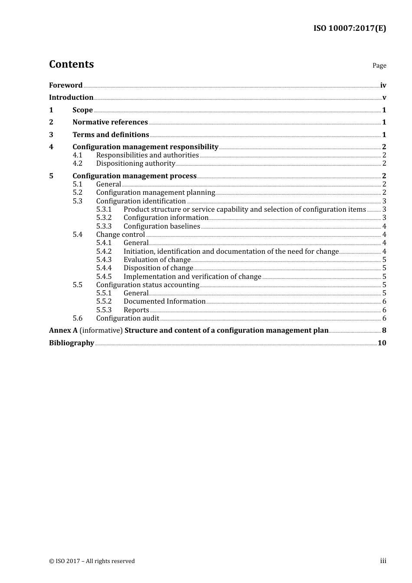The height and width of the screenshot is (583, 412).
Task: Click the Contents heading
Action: coord(71,64)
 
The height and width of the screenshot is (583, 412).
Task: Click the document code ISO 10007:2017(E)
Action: coord(350,29)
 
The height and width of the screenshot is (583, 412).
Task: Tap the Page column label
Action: coord(379,66)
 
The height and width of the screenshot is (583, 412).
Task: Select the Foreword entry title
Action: coord(65,85)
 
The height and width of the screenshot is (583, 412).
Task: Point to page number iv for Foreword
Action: coord(383,85)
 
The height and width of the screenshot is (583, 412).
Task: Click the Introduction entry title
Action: coord(71,98)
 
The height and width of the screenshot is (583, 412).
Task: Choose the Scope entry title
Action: coord(82,110)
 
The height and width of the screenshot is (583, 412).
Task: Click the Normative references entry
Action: coord(110,122)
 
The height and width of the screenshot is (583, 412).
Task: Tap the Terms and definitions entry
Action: coord(111,135)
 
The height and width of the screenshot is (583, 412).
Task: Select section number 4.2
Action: coord(77,164)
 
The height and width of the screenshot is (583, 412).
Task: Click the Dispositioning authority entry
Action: coord(135,164)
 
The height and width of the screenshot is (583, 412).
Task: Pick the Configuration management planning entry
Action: coord(155,193)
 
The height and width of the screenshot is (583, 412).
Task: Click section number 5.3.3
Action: coord(104,226)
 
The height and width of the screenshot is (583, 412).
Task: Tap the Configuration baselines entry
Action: coord(162,226)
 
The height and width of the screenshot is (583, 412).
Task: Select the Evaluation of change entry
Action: coord(157,260)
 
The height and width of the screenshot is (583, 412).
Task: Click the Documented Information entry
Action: coord(164,301)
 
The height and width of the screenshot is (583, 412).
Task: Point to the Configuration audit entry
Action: coord(128,318)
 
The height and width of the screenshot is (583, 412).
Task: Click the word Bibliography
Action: coord(72,343)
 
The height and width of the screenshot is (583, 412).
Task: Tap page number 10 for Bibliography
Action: coord(382,343)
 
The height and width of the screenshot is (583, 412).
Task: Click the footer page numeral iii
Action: coord(383,561)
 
